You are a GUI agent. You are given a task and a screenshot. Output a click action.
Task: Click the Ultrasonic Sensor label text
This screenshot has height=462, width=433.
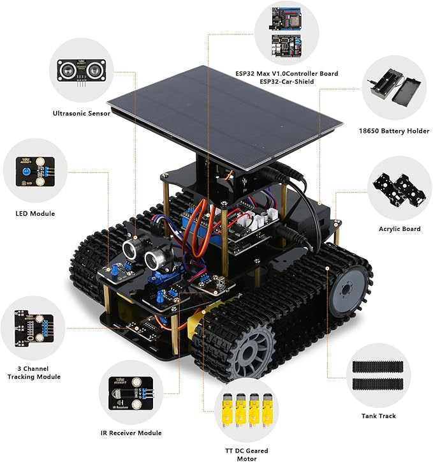82,114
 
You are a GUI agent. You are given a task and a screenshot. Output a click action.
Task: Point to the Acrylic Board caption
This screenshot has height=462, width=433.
399,229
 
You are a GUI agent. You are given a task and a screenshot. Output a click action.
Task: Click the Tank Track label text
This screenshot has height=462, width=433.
379,416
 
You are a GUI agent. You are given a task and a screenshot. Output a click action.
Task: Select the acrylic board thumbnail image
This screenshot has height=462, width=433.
399,188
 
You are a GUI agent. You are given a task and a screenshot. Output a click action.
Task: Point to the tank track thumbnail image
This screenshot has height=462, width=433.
379,376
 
